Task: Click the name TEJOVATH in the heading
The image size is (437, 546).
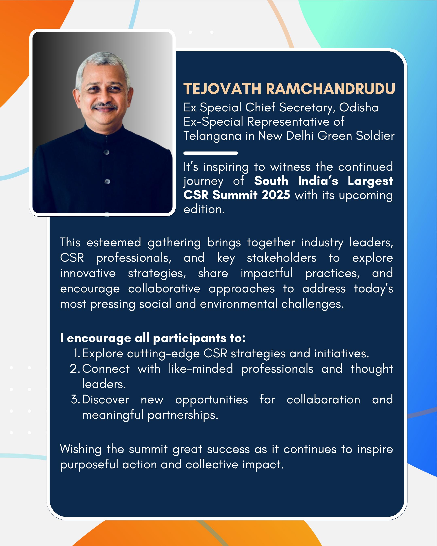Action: [x=222, y=89]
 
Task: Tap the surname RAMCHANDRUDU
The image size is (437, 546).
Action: [x=330, y=89]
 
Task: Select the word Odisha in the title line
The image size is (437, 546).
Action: [x=359, y=107]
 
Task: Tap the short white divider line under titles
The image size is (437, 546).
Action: [x=211, y=153]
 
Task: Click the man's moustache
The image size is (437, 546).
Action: [x=104, y=106]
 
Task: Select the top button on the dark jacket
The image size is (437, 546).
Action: [x=107, y=152]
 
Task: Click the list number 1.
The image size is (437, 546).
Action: [x=76, y=353]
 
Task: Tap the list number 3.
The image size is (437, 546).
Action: [x=75, y=399]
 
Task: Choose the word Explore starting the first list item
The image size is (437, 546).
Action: [x=103, y=353]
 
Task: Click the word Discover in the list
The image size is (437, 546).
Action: [x=106, y=399]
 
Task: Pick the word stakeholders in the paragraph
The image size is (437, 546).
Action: [x=281, y=258]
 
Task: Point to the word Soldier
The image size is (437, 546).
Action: [x=375, y=136]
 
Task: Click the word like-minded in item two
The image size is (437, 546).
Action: [x=201, y=369]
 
